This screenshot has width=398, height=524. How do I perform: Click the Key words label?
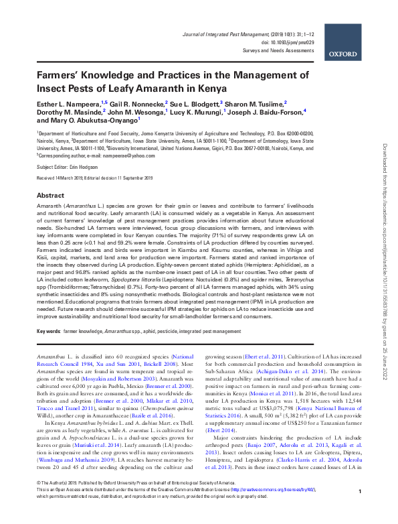(x=49, y=331)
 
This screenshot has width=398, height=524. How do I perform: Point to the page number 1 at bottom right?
(x=360, y=511)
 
